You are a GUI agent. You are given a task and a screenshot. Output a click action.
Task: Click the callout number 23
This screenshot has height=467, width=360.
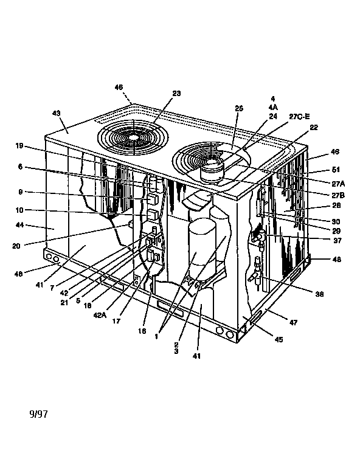pos(176,93)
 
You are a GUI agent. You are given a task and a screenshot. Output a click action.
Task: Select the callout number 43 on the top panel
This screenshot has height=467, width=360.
pos(57,113)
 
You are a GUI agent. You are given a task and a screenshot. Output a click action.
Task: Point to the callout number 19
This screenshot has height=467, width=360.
pos(19,145)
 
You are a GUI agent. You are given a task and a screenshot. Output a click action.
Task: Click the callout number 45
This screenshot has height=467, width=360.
pos(279,340)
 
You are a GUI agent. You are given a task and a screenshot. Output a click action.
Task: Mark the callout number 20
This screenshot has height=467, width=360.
pos(16,246)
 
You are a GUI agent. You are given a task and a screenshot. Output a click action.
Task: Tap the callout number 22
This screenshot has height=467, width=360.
pos(314,128)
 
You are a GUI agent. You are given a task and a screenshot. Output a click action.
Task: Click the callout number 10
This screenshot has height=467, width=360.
pos(19,210)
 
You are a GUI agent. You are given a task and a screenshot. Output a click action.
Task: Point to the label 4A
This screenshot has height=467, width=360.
pos(272,107)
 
